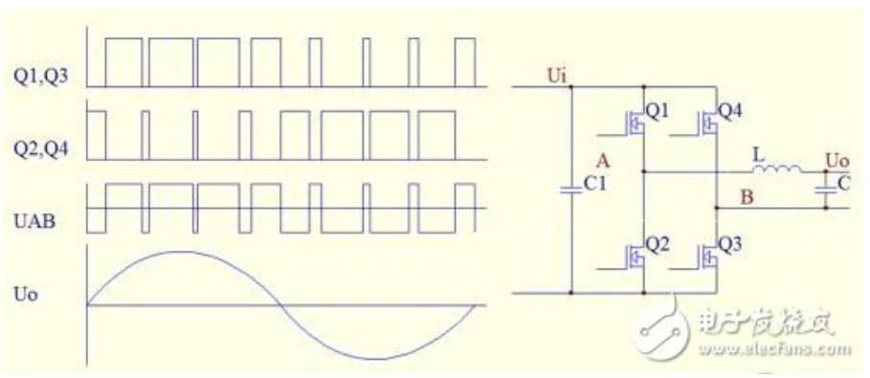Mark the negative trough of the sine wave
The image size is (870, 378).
[376, 359]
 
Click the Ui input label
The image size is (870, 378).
[555, 78]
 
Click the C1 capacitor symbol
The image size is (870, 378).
[571, 189]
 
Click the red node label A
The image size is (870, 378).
[603, 162]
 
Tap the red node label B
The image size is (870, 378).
[747, 198]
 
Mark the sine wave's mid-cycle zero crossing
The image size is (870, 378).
[280, 305]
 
